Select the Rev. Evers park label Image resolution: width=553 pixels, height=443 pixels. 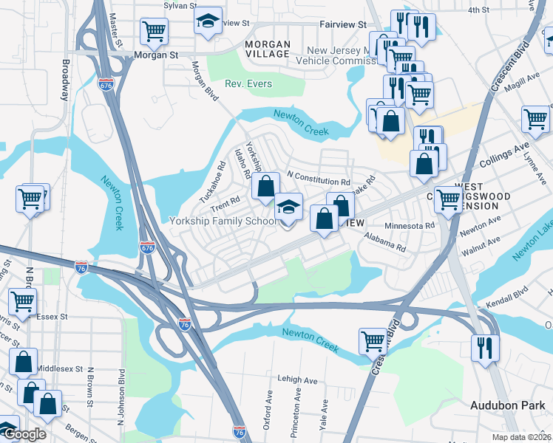point(248,83)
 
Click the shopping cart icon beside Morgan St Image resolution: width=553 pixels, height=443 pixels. point(155,31)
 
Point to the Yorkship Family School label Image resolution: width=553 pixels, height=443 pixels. point(224,221)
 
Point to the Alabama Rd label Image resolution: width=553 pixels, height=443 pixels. point(384,242)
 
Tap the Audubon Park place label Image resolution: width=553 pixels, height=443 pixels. point(508,405)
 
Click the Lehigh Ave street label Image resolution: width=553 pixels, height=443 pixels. point(297,380)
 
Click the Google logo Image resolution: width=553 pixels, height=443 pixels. point(24,435)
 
